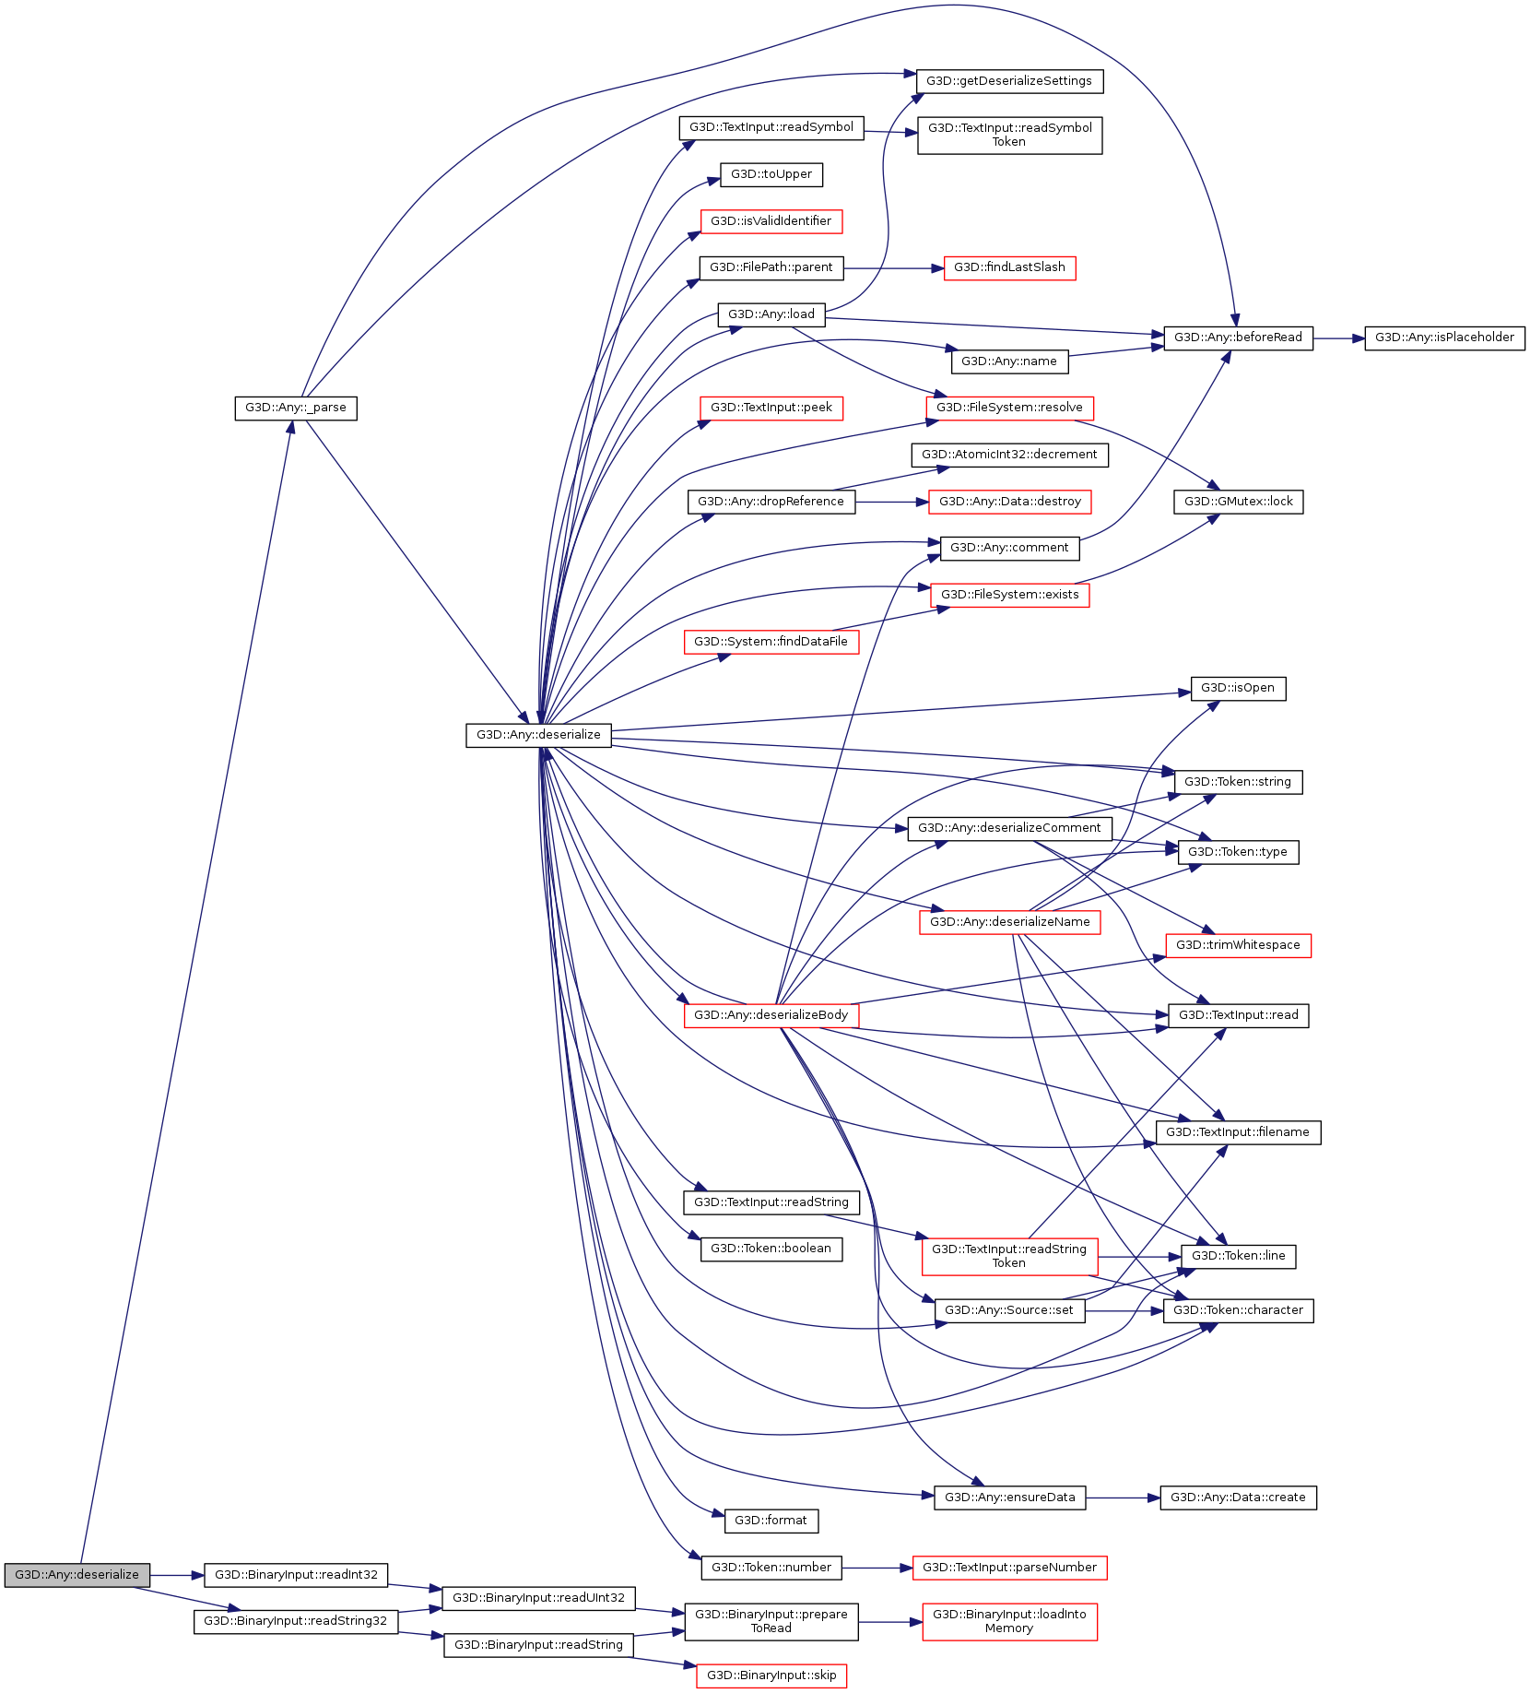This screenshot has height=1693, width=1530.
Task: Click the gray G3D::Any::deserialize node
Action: tap(76, 1574)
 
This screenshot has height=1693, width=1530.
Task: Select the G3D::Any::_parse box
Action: tap(295, 408)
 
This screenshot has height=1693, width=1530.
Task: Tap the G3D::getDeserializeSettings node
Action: tap(1008, 81)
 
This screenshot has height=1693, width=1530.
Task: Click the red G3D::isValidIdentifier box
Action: tap(771, 221)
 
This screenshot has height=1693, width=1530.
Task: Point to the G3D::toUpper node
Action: tap(771, 174)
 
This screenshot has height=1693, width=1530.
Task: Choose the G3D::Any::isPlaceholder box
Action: tap(1444, 337)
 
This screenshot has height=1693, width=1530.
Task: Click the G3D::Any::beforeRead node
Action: tap(1238, 337)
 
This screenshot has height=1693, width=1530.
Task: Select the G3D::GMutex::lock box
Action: tap(1238, 502)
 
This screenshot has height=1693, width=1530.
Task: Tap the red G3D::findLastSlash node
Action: tap(1009, 267)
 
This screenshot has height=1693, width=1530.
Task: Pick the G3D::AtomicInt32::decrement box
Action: tap(1009, 455)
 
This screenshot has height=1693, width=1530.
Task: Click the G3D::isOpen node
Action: tap(1238, 688)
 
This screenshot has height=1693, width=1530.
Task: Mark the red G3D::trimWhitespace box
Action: tap(1238, 945)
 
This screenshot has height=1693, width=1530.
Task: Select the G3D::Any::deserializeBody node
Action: tap(771, 1015)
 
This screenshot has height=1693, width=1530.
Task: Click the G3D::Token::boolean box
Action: tap(771, 1249)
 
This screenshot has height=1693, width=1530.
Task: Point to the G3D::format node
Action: tap(771, 1521)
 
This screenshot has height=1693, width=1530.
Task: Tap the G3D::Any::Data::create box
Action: tap(1238, 1498)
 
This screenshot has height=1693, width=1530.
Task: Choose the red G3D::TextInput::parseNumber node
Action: tap(1009, 1568)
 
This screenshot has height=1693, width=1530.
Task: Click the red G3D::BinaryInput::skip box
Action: tap(771, 1675)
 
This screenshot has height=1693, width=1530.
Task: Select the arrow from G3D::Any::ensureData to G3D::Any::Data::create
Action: tap(1123, 1498)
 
